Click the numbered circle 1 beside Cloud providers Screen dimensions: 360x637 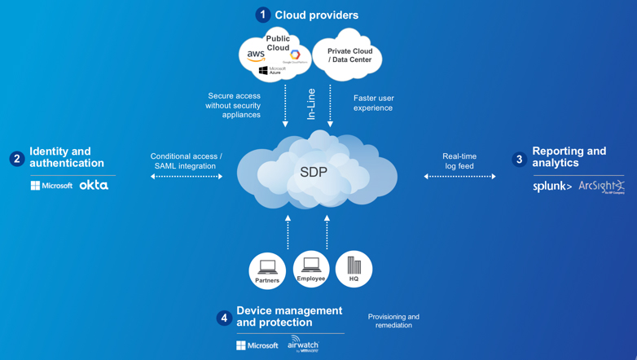[262, 15]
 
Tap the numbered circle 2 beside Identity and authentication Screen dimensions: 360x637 [17, 158]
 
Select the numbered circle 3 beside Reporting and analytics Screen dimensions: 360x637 [520, 159]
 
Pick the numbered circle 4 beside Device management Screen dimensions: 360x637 [224, 318]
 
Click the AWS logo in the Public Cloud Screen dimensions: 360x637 [256, 56]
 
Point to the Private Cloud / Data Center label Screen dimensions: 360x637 [350, 55]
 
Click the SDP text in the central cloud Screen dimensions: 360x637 [314, 172]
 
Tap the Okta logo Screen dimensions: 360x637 [94, 186]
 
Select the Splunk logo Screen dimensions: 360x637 [552, 187]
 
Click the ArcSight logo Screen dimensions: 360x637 [601, 187]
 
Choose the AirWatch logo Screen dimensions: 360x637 [303, 344]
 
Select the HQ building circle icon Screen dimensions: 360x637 [354, 269]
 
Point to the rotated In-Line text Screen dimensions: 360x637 [310, 104]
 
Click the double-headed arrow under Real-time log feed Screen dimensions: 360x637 [459, 177]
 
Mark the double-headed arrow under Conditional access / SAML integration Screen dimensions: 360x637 [187, 177]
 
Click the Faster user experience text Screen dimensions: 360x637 [373, 103]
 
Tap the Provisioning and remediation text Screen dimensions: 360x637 [393, 321]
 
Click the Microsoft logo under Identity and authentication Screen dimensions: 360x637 [51, 186]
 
